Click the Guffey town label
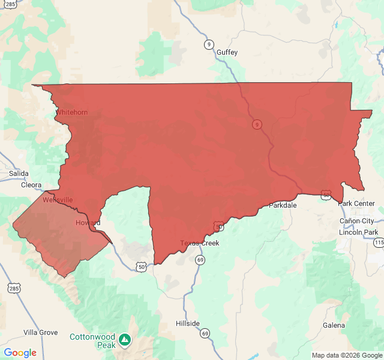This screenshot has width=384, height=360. point(227,52)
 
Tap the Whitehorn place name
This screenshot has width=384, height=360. point(71,112)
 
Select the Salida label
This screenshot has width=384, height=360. point(19,173)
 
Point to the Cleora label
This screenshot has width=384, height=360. point(31,185)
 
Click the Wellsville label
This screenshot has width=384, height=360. point(58,200)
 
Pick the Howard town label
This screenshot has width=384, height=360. point(88,223)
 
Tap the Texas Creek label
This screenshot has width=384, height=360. point(200,243)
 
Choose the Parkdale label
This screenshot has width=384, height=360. point(283,205)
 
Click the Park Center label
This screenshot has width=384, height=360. point(356,203)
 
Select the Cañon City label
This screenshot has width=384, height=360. point(356,221)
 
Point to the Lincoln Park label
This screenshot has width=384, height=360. point(358,232)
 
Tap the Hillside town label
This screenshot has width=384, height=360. point(188,323)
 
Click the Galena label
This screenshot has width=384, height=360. point(334,325)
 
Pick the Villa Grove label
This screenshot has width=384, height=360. point(41,332)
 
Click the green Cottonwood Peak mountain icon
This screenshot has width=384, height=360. point(124,340)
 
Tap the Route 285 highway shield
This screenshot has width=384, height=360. point(13,289)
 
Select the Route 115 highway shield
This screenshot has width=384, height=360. point(378,242)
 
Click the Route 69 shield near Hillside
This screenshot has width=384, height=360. point(205,333)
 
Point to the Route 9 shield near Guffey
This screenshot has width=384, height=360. point(208,44)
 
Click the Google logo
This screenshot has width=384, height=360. point(20,353)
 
